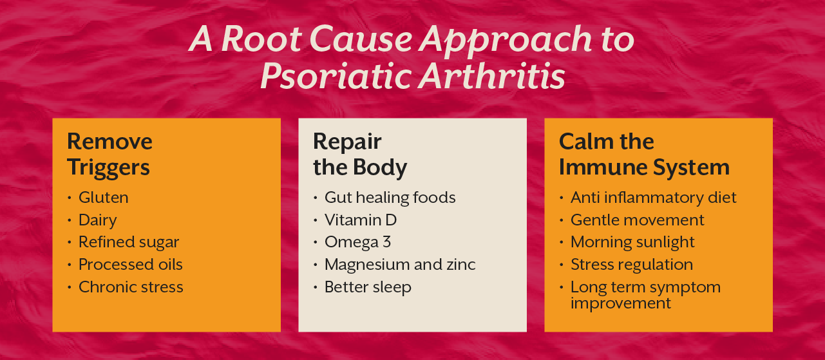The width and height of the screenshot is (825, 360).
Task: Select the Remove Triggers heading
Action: click(x=109, y=154)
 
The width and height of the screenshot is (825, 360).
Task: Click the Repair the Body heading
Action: click(x=359, y=154)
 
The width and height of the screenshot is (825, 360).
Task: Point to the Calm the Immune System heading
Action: click(x=643, y=154)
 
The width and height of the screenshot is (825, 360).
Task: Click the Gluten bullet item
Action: click(x=103, y=197)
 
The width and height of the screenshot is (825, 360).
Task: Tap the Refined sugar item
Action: click(x=129, y=242)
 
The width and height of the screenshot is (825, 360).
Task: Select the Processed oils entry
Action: click(x=130, y=265)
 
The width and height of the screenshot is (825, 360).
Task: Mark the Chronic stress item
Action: click(x=131, y=287)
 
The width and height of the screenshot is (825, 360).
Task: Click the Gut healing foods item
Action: click(x=390, y=197)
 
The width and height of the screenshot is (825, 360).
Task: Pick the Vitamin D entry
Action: click(x=361, y=220)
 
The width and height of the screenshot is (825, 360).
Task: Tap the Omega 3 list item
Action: click(x=357, y=242)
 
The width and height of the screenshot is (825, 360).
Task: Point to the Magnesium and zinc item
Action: click(x=400, y=265)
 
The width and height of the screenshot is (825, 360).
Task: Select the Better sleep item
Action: click(x=368, y=287)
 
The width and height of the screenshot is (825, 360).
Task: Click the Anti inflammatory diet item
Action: click(x=653, y=197)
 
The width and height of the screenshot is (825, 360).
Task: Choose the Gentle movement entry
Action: click(x=637, y=220)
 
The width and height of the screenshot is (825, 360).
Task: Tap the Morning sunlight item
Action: click(x=632, y=242)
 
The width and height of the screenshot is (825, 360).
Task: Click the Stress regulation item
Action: click(x=632, y=265)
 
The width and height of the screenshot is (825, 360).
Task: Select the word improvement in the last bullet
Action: click(x=620, y=303)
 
